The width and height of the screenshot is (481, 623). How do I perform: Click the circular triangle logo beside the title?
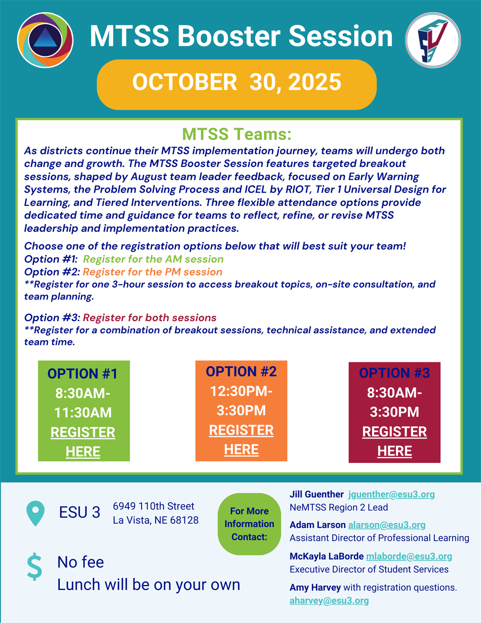point(45,40)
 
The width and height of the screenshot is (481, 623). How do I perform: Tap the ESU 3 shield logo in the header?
point(433,40)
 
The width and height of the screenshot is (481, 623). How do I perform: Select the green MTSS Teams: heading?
point(237,134)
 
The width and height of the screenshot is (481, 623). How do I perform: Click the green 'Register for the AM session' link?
point(153,259)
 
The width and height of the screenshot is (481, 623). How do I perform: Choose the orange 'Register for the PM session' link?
point(153,272)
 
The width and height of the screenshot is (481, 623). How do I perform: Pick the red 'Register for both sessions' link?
point(150,318)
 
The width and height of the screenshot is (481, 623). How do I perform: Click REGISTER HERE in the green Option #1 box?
point(83,442)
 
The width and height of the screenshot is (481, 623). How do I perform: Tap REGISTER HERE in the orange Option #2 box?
point(241,440)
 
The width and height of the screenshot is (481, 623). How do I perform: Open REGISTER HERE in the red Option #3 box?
point(394,441)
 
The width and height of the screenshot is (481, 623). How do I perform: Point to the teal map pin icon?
point(35,513)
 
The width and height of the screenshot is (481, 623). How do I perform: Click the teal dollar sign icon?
point(35,567)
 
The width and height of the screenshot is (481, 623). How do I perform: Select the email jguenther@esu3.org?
point(391,495)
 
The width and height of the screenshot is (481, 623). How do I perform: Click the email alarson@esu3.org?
point(386,525)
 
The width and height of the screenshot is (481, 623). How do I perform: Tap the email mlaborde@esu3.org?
point(409,556)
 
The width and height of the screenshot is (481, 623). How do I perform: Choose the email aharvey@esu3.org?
point(329,601)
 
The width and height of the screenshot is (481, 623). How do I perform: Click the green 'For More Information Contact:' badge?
point(249,524)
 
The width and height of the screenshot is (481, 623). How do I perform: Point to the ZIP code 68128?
point(184,520)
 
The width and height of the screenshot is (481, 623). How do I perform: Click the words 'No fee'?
point(81,562)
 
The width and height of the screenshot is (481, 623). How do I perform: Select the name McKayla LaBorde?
point(327,556)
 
